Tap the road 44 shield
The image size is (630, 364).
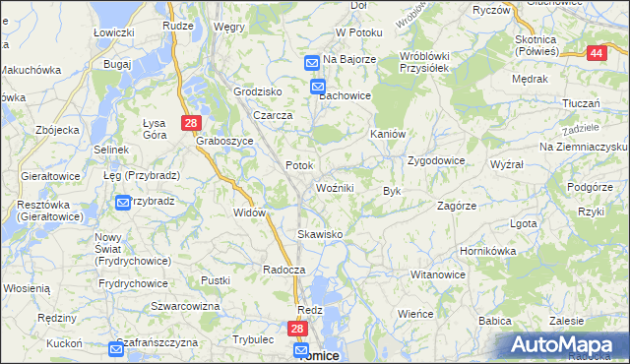[596, 54]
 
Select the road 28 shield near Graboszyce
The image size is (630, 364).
[191, 123]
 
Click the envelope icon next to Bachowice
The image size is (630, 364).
[319, 87]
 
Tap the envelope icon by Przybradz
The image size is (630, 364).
[123, 204]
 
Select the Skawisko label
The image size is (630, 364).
[320, 234]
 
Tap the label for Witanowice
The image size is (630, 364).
[437, 274]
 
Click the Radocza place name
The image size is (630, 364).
[284, 269]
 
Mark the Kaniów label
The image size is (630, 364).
[387, 134]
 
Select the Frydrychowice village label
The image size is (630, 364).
[133, 283]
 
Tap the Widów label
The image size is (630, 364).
[251, 212]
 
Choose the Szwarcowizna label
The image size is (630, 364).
[185, 306]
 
